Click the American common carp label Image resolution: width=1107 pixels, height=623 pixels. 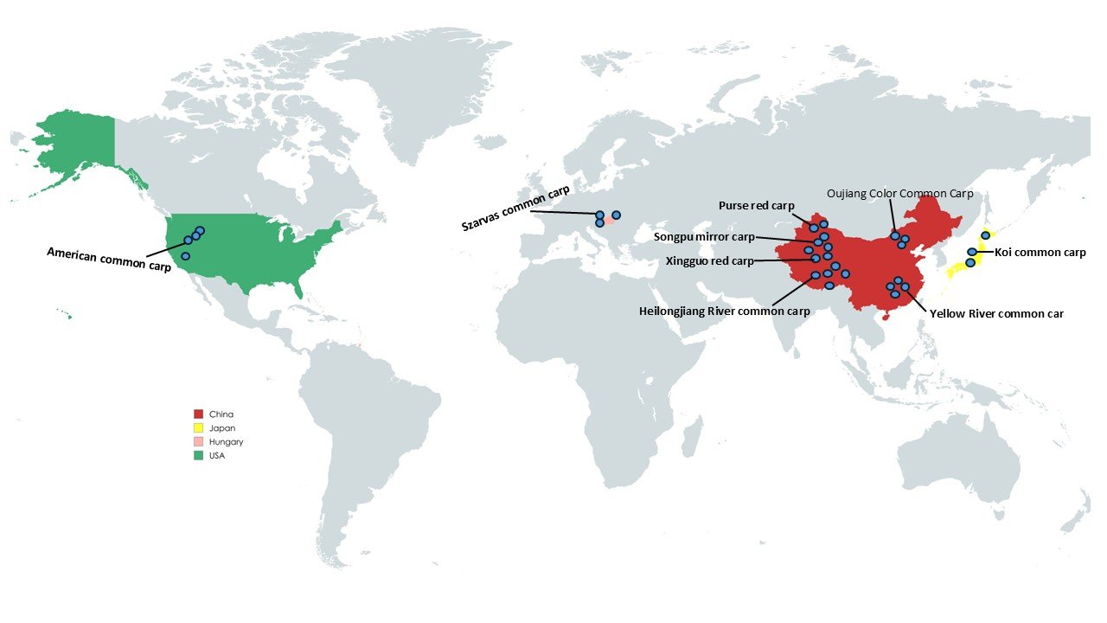pyautogui.click(x=109, y=260)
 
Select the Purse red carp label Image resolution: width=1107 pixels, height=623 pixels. pyautogui.click(x=757, y=205)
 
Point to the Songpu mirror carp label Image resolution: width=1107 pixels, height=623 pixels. pyautogui.click(x=704, y=236)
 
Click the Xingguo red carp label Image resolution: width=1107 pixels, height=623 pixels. pyautogui.click(x=709, y=260)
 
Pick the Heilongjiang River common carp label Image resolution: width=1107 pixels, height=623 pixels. pyautogui.click(x=725, y=311)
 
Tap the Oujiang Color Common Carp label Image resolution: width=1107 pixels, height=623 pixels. pyautogui.click(x=899, y=193)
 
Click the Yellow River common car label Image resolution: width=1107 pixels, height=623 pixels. pyautogui.click(x=996, y=314)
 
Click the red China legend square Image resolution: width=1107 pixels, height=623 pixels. pyautogui.click(x=198, y=414)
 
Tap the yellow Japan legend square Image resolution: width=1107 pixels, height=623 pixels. pyautogui.click(x=198, y=428)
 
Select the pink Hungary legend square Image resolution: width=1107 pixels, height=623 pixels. pyautogui.click(x=198, y=442)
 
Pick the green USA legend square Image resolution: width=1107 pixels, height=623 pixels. pyautogui.click(x=198, y=456)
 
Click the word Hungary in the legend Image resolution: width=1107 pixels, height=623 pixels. pyautogui.click(x=226, y=442)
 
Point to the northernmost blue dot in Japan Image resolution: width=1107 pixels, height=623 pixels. pyautogui.click(x=985, y=235)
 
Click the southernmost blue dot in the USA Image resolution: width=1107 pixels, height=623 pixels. pyautogui.click(x=185, y=256)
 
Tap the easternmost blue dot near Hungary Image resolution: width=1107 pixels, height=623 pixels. pyautogui.click(x=617, y=215)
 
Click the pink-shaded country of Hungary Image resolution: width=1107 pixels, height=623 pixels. pyautogui.click(x=609, y=221)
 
